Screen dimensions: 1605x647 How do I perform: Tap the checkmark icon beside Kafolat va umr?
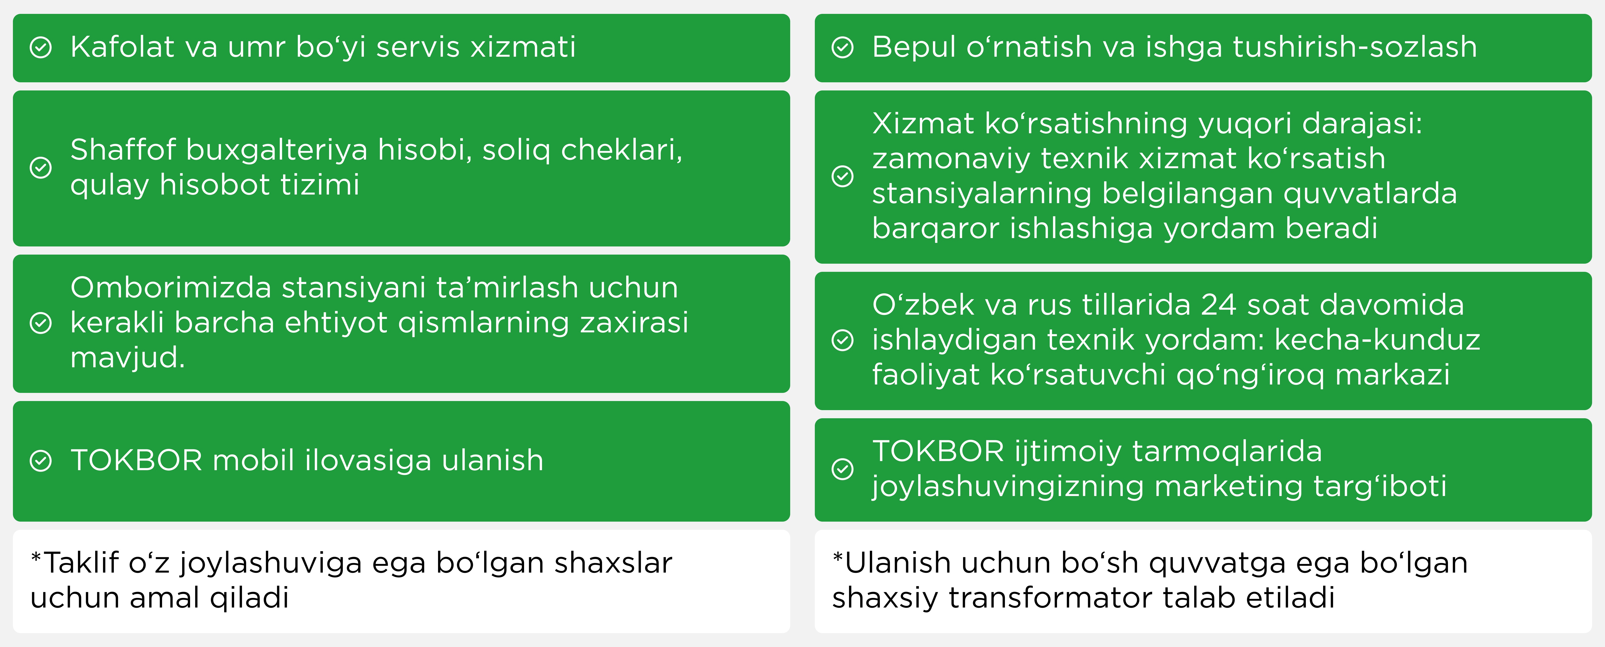41,47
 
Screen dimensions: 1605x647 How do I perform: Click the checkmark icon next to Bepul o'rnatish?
842,47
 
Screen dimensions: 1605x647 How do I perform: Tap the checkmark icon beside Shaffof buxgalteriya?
41,167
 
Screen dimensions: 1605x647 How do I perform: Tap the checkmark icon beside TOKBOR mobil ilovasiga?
41,461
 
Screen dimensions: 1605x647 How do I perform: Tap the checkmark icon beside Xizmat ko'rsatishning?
842,176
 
